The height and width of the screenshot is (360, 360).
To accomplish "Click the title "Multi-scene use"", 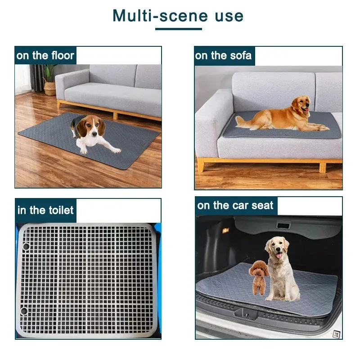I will [178, 16].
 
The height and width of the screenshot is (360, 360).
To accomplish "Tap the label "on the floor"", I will [45, 56].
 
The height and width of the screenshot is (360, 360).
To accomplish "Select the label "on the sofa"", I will [223, 56].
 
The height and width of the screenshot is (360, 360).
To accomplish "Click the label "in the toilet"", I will [45, 210].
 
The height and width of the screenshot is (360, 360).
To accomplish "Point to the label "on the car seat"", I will [235, 206].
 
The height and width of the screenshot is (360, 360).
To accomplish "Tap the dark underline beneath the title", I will [178, 29].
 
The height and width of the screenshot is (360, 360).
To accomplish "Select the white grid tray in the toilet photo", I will [88, 279].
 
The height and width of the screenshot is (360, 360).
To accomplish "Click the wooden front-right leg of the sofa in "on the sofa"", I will [322, 167].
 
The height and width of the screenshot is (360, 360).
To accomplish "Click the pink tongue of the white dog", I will [278, 256].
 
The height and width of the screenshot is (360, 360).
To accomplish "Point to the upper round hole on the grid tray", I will [25, 247].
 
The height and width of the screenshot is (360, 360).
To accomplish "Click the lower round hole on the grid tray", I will [23, 310].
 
